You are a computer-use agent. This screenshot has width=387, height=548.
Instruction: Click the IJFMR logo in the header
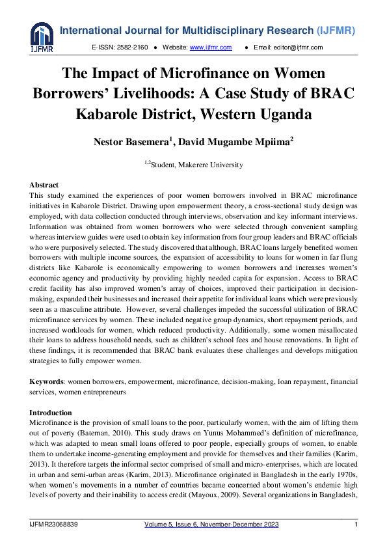tap(42, 38)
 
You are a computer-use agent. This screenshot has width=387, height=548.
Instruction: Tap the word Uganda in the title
tap(283, 114)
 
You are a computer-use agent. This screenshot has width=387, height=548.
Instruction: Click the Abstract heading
tap(44, 185)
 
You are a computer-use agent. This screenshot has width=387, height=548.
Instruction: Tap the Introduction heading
tap(51, 413)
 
